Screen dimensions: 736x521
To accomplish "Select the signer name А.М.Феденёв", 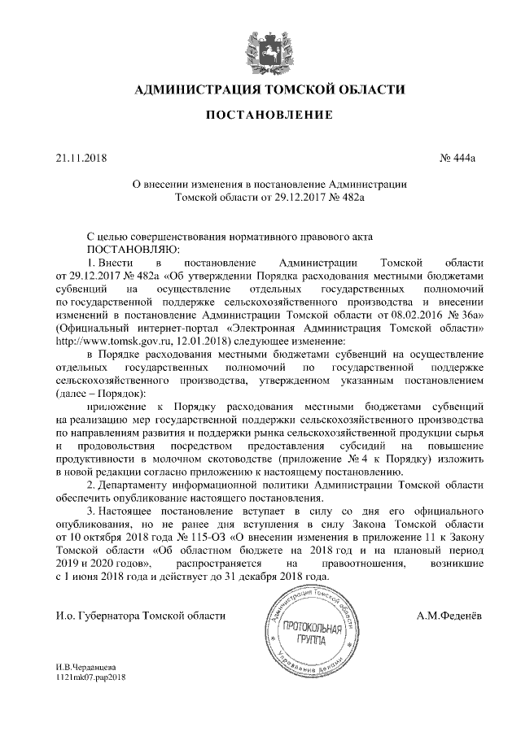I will (x=449, y=615).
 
